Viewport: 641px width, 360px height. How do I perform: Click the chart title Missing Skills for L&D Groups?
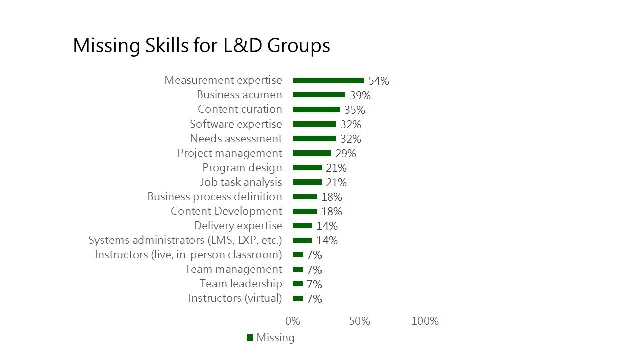point(201,46)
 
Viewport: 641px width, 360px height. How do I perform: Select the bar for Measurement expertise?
point(329,80)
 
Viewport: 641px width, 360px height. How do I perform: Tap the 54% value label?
point(379,81)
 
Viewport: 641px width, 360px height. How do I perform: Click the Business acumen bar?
point(319,95)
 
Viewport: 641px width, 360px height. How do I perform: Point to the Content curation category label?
point(240,109)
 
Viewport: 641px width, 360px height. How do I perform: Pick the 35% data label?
point(355,110)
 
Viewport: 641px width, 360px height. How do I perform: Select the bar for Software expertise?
point(314,124)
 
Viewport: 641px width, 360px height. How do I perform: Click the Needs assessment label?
point(236,138)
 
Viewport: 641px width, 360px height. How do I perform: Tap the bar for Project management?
point(312,153)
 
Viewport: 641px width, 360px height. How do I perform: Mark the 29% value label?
point(346,153)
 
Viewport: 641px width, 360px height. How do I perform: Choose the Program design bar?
point(307,167)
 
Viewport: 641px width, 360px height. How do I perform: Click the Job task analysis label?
point(241,182)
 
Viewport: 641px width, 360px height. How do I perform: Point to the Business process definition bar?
point(305,197)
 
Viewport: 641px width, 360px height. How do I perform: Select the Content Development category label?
point(226,211)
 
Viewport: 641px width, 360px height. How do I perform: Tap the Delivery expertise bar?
point(302,226)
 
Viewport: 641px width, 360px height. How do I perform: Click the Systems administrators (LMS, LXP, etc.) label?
point(185,240)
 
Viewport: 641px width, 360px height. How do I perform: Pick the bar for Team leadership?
point(298,284)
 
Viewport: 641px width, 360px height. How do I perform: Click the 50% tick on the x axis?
point(359,321)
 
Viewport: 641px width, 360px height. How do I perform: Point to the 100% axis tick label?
point(425,321)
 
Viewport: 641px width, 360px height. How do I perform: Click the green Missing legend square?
point(250,338)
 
